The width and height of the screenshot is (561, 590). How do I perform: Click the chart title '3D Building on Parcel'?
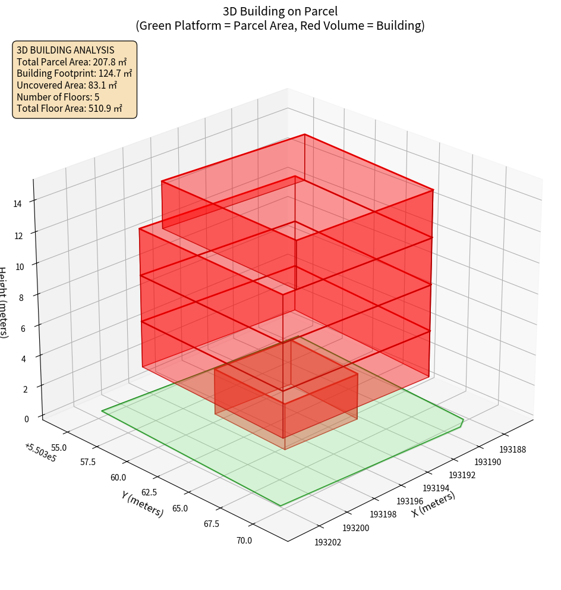pos(280,11)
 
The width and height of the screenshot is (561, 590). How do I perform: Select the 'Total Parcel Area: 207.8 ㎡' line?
pos(71,62)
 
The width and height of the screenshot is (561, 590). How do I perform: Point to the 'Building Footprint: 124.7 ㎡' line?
pos(74,74)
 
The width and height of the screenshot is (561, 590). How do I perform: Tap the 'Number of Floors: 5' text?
pos(58,97)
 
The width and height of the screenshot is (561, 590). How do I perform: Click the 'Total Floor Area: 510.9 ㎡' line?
pos(70,108)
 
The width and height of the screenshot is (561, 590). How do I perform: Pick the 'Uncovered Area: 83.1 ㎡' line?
pos(67,85)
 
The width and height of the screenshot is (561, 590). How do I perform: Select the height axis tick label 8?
pos(21,297)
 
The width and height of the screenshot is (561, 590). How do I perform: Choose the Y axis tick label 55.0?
pos(59,447)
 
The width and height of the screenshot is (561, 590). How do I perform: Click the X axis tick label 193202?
pos(328,542)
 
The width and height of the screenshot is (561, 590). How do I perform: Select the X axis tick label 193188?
pos(512,450)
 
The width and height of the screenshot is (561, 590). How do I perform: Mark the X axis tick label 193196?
pos(409,501)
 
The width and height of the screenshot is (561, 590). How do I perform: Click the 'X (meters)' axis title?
pos(433,504)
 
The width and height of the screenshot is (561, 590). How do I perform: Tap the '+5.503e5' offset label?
pos(41,453)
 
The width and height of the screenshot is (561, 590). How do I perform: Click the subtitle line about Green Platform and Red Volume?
pos(280,26)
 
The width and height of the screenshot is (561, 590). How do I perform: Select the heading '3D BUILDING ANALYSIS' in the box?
pos(65,51)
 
